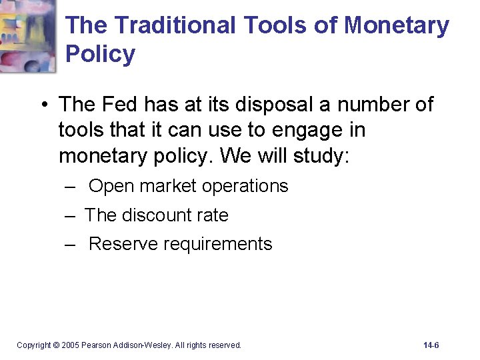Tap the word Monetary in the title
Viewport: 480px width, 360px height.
click(x=397, y=25)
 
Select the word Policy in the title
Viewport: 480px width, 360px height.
click(x=101, y=53)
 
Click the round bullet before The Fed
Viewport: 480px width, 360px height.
click(x=43, y=105)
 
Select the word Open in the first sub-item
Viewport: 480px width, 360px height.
click(x=111, y=186)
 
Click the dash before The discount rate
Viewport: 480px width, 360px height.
click(x=70, y=215)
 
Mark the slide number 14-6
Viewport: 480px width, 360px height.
click(x=431, y=345)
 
